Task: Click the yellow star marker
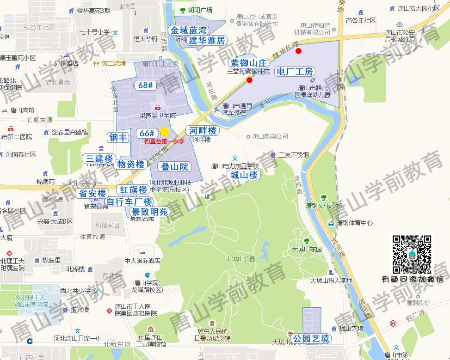click(x=164, y=131)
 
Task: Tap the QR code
click(x=413, y=254)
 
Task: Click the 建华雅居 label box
click(x=207, y=41)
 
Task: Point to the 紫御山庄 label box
click(x=249, y=62)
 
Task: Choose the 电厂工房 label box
click(x=295, y=71)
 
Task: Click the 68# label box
click(x=146, y=85)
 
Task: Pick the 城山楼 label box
click(x=244, y=175)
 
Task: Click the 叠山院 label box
click(x=174, y=166)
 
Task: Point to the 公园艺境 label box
click(x=312, y=339)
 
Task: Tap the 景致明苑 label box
click(x=148, y=212)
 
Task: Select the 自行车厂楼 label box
click(x=129, y=201)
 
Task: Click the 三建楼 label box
click(x=99, y=159)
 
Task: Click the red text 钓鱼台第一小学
click(x=164, y=141)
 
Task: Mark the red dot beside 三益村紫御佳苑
click(x=250, y=80)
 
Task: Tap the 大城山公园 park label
click(x=240, y=259)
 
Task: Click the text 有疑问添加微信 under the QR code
click(x=413, y=279)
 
